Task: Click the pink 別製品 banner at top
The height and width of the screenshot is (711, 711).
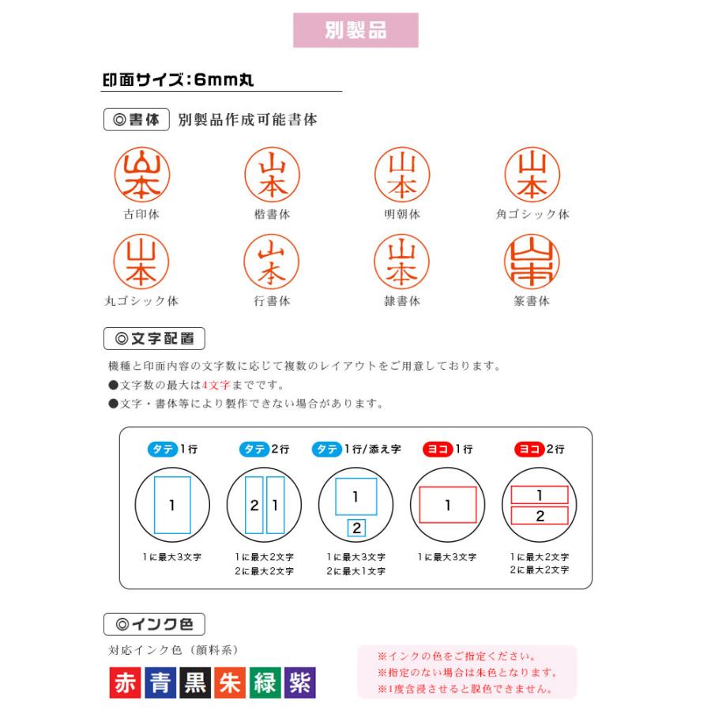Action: [355, 30]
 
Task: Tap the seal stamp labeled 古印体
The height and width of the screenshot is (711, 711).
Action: [142, 175]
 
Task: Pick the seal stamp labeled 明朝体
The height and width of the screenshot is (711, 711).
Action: [402, 175]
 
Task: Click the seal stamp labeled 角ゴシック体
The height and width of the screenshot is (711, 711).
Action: [532, 175]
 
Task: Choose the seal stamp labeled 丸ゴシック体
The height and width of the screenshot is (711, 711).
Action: [142, 263]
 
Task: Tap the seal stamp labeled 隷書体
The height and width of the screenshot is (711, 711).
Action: [402, 263]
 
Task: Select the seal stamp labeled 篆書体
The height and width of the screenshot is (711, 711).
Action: [532, 263]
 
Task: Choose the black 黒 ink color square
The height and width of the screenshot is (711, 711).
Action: [195, 683]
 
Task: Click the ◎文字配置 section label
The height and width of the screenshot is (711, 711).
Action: [154, 339]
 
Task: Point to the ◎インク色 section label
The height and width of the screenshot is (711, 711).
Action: [154, 624]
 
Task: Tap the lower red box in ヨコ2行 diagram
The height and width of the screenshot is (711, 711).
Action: [540, 516]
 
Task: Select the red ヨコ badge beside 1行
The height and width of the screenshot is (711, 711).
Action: [437, 450]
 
